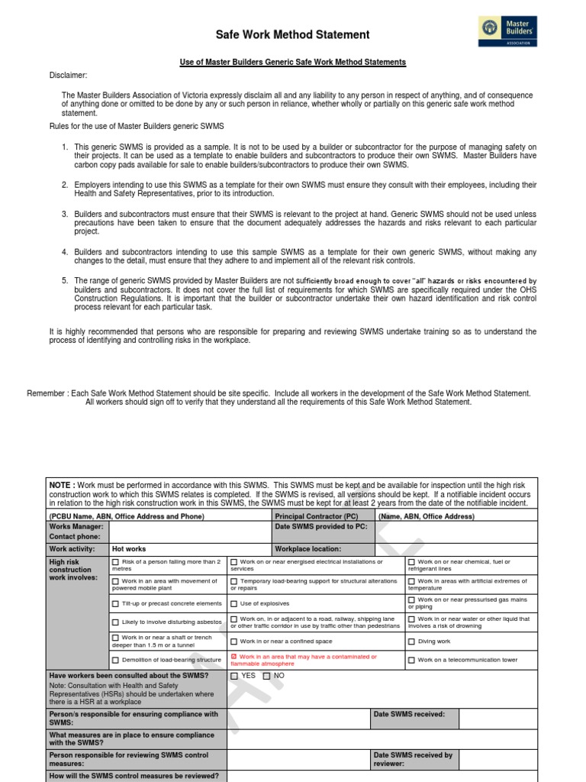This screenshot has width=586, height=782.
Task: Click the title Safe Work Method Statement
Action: (282, 35)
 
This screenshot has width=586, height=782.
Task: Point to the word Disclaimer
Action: (69, 76)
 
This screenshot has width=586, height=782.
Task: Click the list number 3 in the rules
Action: (66, 214)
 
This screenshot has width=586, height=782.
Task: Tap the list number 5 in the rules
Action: (66, 281)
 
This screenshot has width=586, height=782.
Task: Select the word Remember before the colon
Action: (47, 393)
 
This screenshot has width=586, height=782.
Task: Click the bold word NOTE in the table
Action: (61, 485)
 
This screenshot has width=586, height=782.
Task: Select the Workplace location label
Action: (308, 549)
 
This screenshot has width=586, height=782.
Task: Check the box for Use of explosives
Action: (234, 603)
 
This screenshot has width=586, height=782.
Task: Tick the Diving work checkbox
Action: (411, 641)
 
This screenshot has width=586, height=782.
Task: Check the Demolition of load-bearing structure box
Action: (116, 660)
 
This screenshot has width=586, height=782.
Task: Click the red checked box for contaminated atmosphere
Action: (234, 657)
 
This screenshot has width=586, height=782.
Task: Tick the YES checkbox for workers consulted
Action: (234, 676)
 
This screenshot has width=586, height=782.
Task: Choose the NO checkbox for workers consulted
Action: (266, 676)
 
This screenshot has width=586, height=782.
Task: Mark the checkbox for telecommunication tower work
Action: (411, 660)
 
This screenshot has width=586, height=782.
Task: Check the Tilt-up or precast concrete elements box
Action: (116, 603)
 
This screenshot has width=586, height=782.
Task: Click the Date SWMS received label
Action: (404, 715)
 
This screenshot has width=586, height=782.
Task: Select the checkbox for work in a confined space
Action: (234, 641)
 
